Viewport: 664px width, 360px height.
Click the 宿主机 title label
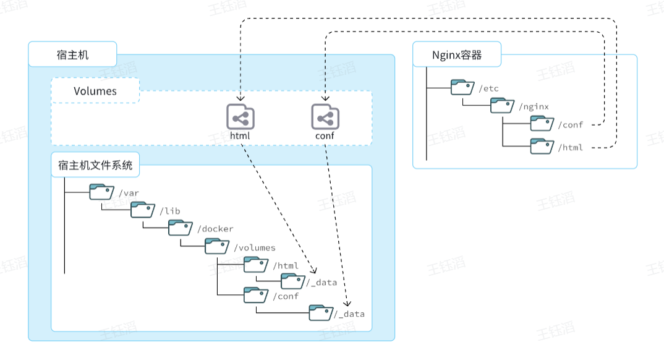(x=72, y=54)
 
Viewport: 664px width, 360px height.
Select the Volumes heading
(x=95, y=91)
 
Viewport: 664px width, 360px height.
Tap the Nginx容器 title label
(x=457, y=56)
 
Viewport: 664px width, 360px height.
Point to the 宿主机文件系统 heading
(x=95, y=166)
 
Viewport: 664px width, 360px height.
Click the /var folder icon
(x=102, y=192)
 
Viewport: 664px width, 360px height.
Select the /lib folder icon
(x=143, y=210)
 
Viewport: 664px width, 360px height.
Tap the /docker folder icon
(x=181, y=228)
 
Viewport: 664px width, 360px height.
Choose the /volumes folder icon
(x=217, y=246)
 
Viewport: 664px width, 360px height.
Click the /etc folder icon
(x=463, y=87)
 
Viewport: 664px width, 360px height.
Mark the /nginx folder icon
(x=503, y=105)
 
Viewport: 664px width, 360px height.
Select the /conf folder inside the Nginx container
(x=542, y=123)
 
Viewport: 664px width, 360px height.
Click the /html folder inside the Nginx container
(x=542, y=147)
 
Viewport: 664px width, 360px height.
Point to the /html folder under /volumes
(x=256, y=264)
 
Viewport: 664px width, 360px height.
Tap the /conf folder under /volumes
(x=256, y=295)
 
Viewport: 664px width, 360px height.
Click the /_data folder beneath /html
(x=293, y=281)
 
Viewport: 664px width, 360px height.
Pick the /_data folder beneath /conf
(x=321, y=312)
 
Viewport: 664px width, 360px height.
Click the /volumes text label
(x=255, y=248)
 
